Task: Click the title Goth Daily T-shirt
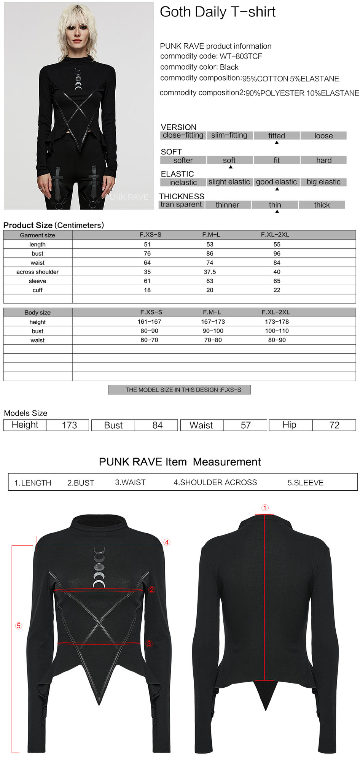pos(217,12)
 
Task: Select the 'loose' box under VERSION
pos(323,136)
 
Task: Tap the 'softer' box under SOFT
pos(183,161)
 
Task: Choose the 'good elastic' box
pos(276,182)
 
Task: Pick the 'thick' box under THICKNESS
pos(322,205)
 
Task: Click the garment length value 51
pos(147,245)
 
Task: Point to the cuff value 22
pos(277,290)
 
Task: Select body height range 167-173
pos(213,322)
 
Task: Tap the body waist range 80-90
pos(277,340)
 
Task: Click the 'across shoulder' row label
pos(37,272)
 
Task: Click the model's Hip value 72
pos(334,425)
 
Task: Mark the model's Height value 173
pos(69,425)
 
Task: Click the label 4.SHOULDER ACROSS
pos(215,482)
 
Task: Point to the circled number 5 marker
pos(19,626)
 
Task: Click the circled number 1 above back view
pos(265,508)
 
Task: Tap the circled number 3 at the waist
pos(149,644)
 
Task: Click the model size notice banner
pos(180,390)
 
